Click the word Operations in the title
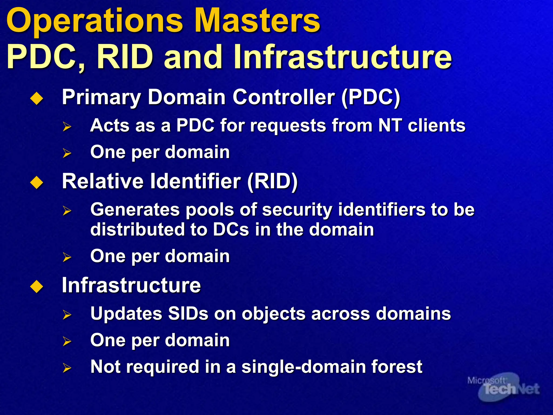click(95, 21)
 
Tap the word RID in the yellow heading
click(125, 57)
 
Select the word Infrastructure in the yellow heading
click(342, 57)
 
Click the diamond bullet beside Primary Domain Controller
click(37, 98)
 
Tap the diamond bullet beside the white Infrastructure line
click(37, 286)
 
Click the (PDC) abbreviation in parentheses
click(371, 97)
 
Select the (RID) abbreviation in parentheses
click(272, 182)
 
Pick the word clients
click(437, 126)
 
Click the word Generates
click(135, 210)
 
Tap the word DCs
click(231, 230)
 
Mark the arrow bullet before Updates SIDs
click(67, 315)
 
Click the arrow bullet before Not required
click(67, 368)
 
